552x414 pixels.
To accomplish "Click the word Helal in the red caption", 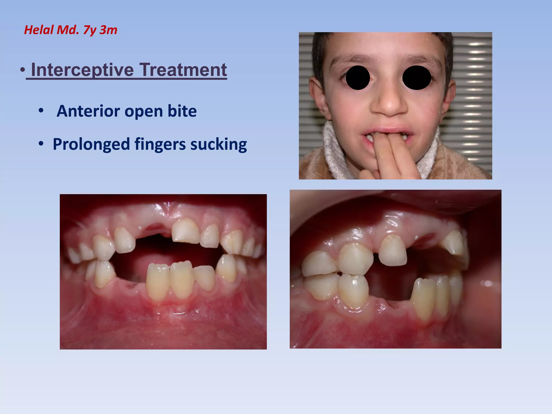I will coord(39,30).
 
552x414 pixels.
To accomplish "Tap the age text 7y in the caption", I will coord(89,30).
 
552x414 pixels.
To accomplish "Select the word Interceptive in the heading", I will coord(82,70).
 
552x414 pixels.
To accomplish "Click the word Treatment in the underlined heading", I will coord(183,70).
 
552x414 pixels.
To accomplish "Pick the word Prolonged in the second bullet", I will coord(91,144).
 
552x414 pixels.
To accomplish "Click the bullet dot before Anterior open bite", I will coord(41,111).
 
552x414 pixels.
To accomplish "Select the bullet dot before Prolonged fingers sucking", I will coord(41,144).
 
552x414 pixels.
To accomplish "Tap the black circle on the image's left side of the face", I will coord(358,78).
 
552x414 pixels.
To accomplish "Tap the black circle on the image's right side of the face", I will coord(416,78).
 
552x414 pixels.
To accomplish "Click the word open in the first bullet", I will coord(144,111).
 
